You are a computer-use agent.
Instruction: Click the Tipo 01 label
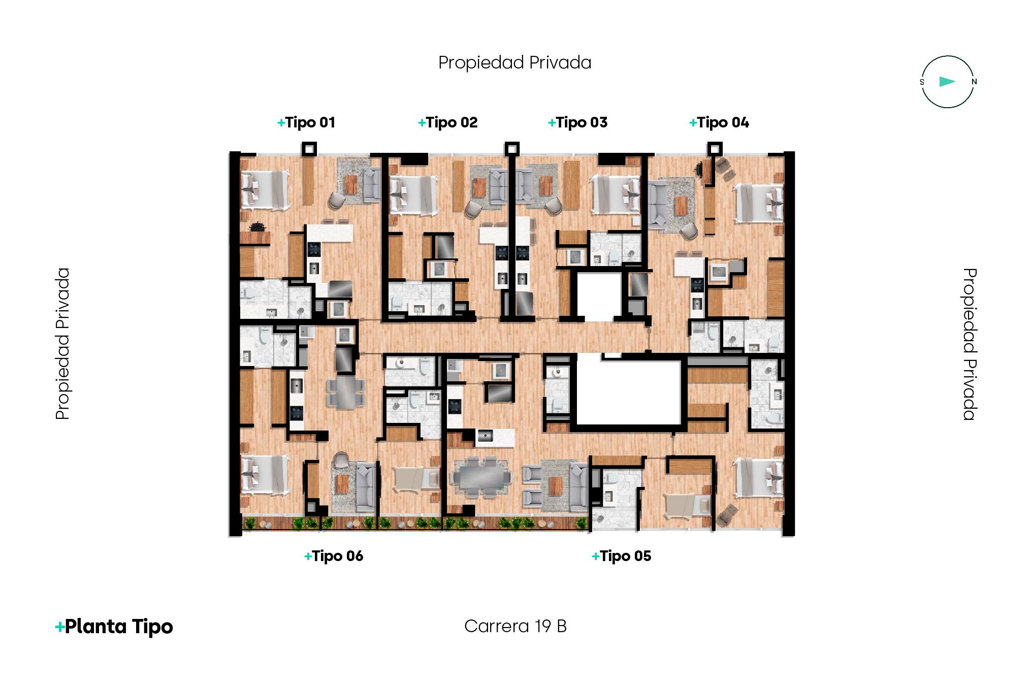click(306, 122)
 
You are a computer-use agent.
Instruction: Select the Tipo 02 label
click(447, 122)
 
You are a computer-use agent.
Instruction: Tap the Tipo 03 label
click(577, 122)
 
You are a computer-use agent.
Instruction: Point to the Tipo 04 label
click(719, 122)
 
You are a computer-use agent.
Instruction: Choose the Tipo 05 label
click(621, 556)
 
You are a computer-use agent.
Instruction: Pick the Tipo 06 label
click(334, 556)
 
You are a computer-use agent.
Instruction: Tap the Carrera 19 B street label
click(515, 626)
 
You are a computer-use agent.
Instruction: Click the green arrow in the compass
click(947, 82)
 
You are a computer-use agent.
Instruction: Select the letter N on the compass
click(974, 82)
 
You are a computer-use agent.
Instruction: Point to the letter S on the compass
click(922, 82)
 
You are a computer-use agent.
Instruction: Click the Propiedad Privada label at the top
click(514, 62)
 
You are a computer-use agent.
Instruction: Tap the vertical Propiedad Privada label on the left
click(62, 344)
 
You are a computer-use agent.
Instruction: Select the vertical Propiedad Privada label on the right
click(970, 344)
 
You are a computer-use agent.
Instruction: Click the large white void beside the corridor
click(629, 392)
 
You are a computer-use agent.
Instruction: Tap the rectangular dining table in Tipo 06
click(345, 391)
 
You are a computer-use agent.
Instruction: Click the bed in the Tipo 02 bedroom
click(413, 195)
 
